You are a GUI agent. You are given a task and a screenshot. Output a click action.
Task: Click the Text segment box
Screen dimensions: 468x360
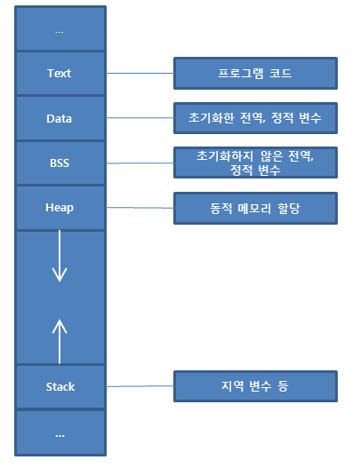tap(60, 73)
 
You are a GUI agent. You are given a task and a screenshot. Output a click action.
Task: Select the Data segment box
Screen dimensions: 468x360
tap(60, 118)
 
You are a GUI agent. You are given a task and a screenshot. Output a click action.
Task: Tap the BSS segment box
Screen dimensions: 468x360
tap(60, 163)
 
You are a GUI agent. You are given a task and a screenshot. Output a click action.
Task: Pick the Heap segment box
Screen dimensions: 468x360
tap(60, 208)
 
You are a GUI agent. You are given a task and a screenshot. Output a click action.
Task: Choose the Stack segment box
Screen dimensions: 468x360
tap(60, 387)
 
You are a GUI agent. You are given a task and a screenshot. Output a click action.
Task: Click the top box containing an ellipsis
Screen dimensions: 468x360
tap(60, 30)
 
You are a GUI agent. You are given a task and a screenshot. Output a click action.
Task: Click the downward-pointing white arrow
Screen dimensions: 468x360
tap(60, 258)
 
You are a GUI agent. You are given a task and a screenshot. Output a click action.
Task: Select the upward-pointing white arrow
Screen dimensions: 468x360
tap(60, 340)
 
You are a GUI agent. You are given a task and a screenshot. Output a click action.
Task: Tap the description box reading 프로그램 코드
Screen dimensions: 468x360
tap(254, 74)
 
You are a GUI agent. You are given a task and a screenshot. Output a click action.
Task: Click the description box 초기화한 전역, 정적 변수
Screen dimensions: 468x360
tap(254, 117)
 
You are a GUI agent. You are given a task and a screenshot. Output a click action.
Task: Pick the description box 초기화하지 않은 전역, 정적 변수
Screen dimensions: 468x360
tap(254, 163)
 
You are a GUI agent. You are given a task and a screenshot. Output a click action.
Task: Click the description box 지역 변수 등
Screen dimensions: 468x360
tap(254, 386)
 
